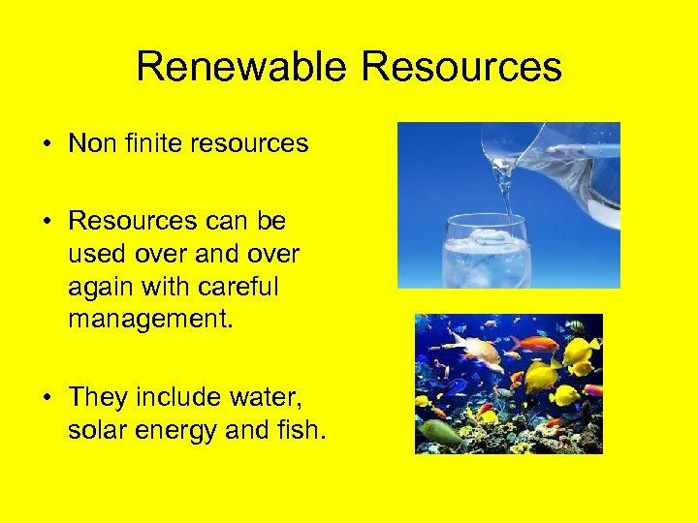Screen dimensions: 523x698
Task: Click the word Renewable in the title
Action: pos(241,67)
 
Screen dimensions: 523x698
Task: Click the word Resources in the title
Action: pos(461,67)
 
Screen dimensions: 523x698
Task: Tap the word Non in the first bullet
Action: pos(94,144)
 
